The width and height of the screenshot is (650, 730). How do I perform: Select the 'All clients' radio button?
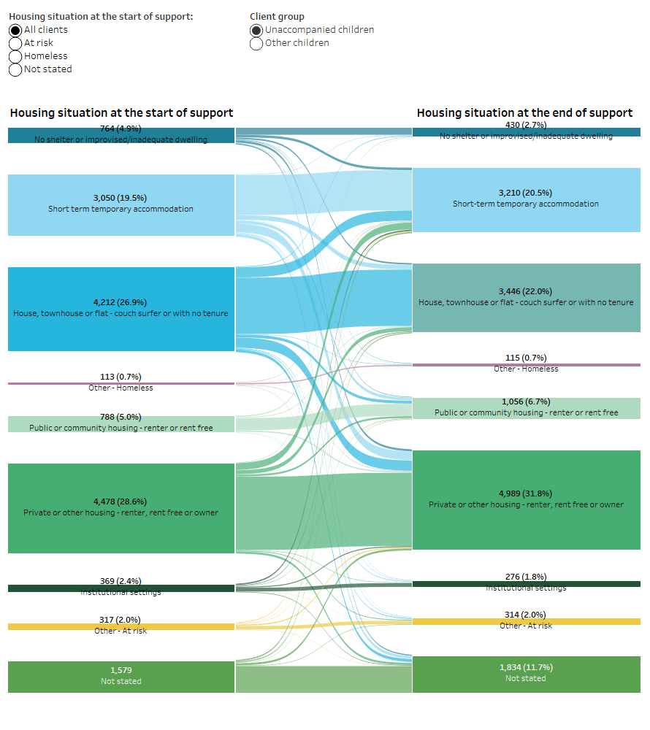click(15, 30)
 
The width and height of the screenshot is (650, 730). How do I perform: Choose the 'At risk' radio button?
click(15, 43)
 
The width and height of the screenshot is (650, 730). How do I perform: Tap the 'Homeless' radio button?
click(15, 56)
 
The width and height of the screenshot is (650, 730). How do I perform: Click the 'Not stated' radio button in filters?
click(15, 69)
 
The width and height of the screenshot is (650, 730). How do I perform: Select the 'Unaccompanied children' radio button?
click(256, 30)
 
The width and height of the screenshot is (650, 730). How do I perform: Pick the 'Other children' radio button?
click(256, 43)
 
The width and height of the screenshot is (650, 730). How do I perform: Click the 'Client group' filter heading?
click(277, 16)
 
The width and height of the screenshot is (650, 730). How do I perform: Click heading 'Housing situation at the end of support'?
click(524, 113)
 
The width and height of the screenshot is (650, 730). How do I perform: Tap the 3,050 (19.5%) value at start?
click(121, 198)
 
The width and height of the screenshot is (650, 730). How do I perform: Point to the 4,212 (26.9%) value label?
click(121, 302)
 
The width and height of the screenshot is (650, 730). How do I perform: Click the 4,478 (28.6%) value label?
click(121, 502)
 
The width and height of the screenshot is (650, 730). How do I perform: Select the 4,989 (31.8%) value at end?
click(526, 493)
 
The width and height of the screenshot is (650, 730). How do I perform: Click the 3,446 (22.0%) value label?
click(526, 291)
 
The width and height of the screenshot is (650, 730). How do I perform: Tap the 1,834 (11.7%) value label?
click(526, 667)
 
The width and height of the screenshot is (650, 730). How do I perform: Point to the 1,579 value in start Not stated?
click(121, 670)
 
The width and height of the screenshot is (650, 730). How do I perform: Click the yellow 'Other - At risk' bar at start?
click(121, 626)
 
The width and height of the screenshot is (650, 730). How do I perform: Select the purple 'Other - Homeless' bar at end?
click(526, 364)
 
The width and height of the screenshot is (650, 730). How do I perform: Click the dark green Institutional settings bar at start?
click(121, 588)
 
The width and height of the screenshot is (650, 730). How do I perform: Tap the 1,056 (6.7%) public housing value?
click(526, 401)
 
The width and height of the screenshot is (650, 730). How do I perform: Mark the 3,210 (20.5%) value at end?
click(526, 193)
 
